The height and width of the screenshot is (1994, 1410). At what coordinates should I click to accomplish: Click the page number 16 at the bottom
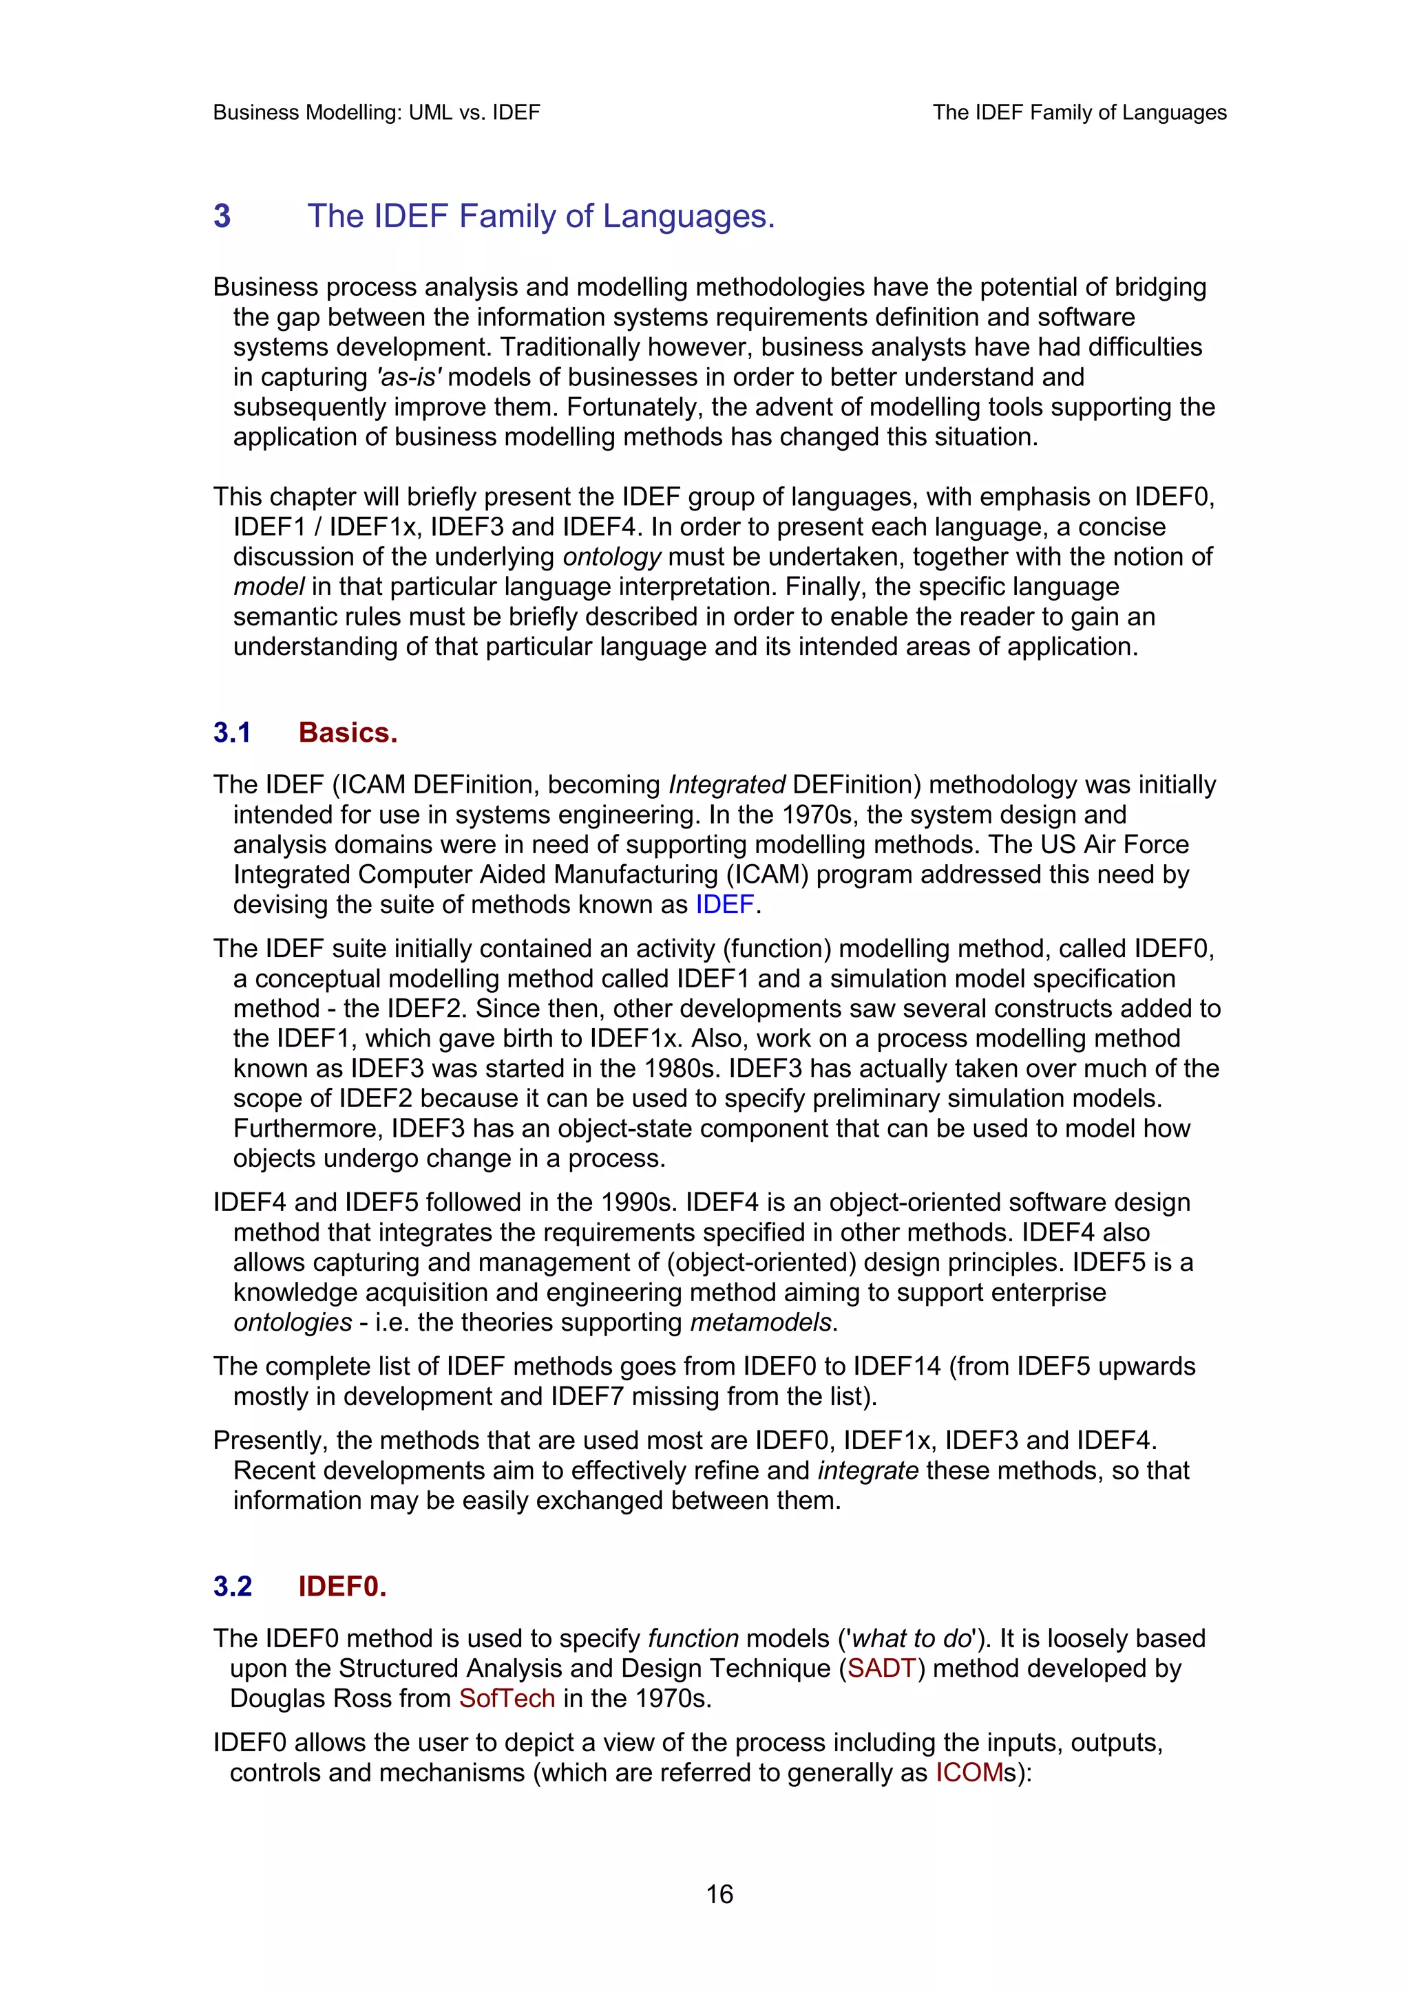point(719,1894)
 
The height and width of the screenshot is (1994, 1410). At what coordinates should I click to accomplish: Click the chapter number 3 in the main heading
point(222,215)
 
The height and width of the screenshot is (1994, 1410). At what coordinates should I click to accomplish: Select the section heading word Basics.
point(348,732)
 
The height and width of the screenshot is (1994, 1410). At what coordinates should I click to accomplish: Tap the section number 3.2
point(233,1586)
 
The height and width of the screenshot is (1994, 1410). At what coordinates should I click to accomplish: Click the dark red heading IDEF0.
point(341,1586)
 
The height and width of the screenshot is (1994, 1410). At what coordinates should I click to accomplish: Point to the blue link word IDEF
point(724,904)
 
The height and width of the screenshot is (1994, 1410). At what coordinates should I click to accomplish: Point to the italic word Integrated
point(726,784)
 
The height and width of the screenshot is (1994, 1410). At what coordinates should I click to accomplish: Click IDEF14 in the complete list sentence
point(896,1366)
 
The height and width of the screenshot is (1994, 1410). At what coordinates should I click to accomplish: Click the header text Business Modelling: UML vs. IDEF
point(376,112)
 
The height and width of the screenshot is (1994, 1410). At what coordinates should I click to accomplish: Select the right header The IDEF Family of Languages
point(1079,112)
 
